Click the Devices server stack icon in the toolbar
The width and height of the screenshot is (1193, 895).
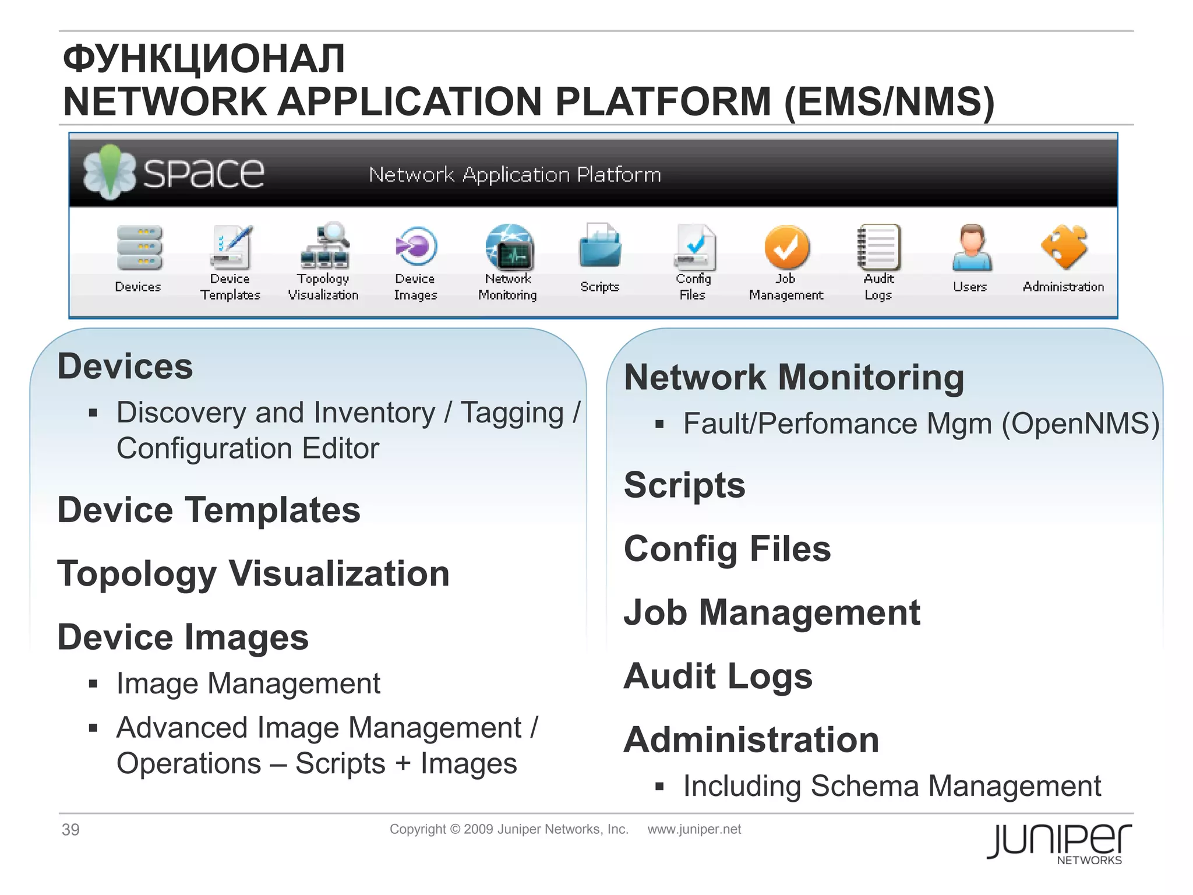[139, 248]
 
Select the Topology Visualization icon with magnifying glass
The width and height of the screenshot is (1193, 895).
[325, 245]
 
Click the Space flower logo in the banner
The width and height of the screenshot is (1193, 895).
[109, 172]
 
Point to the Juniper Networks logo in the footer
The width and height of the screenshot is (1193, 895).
[1059, 843]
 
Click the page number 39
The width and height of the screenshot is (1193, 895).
[70, 829]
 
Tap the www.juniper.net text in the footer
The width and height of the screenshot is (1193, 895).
[694, 829]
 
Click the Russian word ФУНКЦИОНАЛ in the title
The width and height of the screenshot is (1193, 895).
[204, 59]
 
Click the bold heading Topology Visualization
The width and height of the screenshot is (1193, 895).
[253, 574]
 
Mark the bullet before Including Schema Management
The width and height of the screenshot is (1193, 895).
[659, 787]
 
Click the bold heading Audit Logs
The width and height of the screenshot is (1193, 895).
[718, 676]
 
